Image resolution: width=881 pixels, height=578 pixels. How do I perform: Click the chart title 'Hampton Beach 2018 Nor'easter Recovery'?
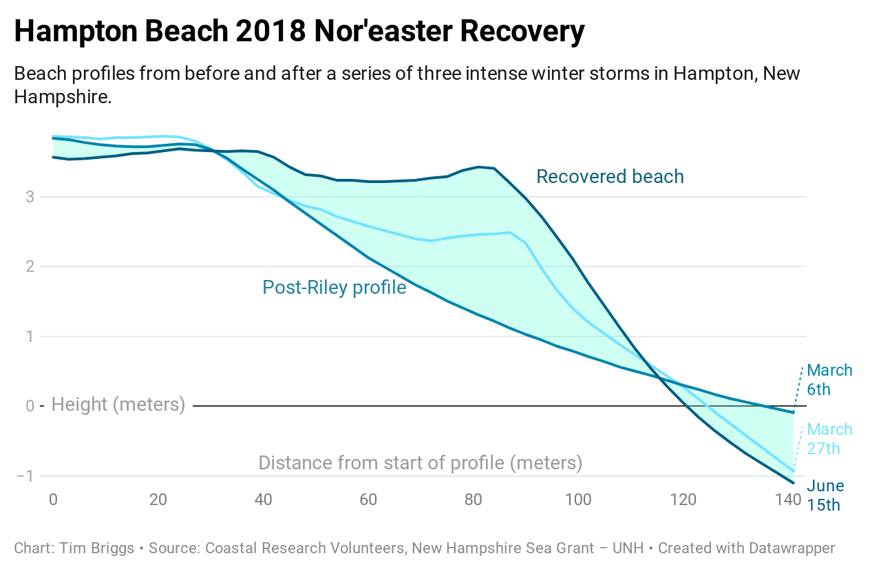coord(299,32)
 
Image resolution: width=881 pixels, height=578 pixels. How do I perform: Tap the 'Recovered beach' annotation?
coord(610,177)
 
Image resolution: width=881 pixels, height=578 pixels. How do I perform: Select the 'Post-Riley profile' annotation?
coord(334,287)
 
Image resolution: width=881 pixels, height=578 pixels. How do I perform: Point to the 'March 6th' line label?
coord(829,380)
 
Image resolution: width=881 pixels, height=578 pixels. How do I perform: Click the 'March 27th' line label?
coord(829,439)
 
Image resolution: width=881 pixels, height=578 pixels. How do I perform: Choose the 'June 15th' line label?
coord(825,495)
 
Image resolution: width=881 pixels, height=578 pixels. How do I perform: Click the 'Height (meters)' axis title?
coord(118,405)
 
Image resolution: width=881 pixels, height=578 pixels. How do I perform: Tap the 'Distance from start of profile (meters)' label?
coord(420,463)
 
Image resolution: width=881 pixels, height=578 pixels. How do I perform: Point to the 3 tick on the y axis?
coord(30,197)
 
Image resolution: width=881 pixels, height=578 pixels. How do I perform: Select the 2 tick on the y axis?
coord(30,267)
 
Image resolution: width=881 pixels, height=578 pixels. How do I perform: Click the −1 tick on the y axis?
coord(25,476)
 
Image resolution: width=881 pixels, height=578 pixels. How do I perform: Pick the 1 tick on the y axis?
coord(30,336)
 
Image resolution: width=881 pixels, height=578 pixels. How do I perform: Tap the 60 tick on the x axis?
coord(368,500)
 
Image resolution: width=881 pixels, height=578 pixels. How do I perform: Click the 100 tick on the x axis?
coord(578,500)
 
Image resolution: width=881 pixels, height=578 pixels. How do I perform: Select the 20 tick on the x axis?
coord(158,500)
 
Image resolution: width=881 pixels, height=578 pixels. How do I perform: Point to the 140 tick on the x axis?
coord(787,500)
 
